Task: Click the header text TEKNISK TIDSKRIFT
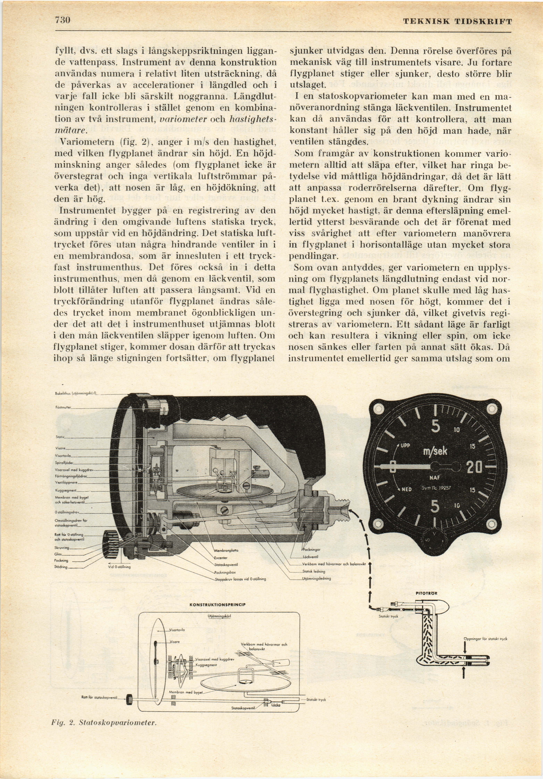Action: point(457,22)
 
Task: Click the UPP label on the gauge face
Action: point(406,436)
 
